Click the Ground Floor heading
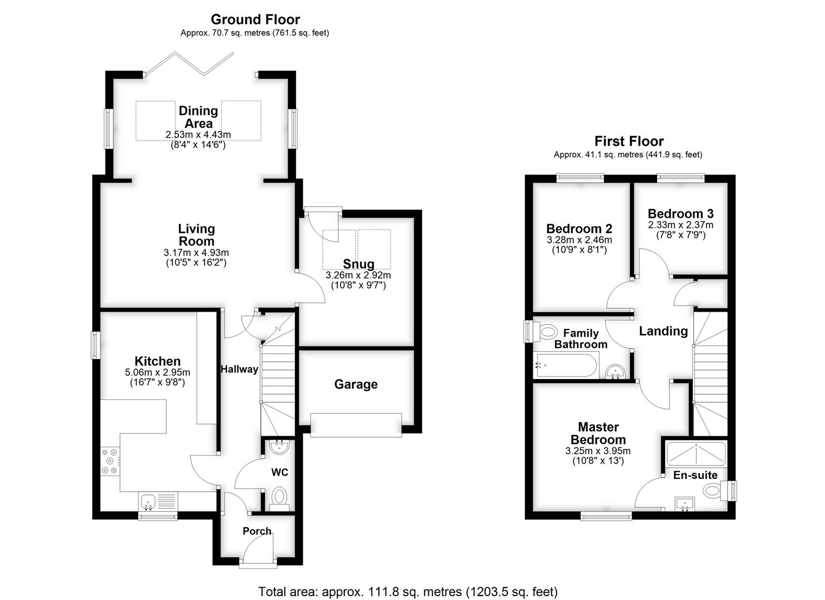click(255, 19)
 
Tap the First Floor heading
click(629, 141)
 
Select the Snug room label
click(358, 264)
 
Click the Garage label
click(356, 384)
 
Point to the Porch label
click(257, 531)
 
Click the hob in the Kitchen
click(111, 461)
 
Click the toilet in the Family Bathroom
click(544, 332)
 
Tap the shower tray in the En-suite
click(696, 453)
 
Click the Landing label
click(663, 331)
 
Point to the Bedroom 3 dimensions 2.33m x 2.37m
click(681, 224)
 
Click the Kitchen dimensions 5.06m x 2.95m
click(157, 372)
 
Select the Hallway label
click(239, 369)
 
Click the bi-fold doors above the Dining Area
click(188, 64)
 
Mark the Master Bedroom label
click(598, 433)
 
